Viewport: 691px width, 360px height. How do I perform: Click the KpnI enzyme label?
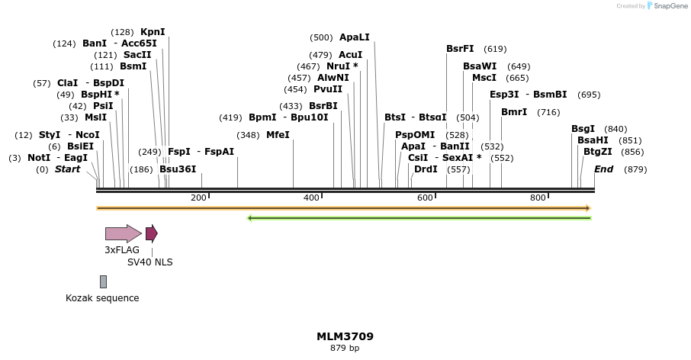click(153, 32)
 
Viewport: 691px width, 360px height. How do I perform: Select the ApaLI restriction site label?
click(354, 37)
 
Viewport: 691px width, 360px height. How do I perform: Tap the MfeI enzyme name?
click(278, 135)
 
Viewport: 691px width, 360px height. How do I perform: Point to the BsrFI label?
click(460, 49)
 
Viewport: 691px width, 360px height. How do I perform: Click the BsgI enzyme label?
click(583, 129)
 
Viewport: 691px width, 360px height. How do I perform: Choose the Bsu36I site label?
click(178, 169)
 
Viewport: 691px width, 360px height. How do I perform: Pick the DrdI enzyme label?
click(426, 169)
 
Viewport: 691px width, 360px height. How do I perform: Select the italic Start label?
click(67, 169)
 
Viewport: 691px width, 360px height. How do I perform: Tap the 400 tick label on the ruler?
click(311, 198)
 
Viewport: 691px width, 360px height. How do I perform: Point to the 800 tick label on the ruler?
click(538, 198)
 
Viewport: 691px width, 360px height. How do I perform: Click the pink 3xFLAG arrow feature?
click(123, 233)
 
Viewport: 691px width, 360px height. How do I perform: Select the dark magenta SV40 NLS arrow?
click(152, 233)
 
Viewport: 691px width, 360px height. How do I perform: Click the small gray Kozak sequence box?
click(103, 282)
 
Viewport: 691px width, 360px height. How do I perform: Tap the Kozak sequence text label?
click(102, 298)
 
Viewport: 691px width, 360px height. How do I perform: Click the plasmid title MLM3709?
click(345, 336)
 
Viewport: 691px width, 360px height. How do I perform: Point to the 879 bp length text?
click(345, 349)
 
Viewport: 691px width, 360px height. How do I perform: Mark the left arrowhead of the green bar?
click(250, 218)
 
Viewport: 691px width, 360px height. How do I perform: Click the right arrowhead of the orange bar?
click(587, 208)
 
